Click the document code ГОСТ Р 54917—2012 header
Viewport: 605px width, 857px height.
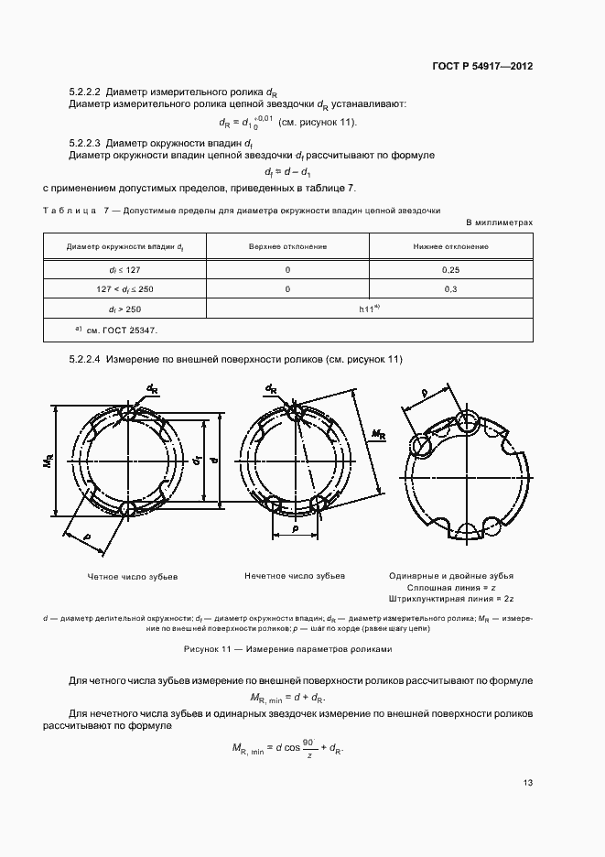point(482,67)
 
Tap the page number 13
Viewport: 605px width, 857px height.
point(527,783)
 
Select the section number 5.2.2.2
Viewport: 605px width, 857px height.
point(85,92)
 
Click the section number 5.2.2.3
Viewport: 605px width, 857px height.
point(85,143)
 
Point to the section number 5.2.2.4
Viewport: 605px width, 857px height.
point(85,360)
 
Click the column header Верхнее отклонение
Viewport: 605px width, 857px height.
point(287,246)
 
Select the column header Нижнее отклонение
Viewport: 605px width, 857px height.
point(450,246)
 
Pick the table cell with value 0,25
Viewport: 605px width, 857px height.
point(450,270)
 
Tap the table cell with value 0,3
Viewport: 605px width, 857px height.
point(450,288)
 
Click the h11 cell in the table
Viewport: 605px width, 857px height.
point(370,309)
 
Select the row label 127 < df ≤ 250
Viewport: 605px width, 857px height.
point(124,288)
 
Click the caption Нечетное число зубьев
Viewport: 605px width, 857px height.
point(295,577)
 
